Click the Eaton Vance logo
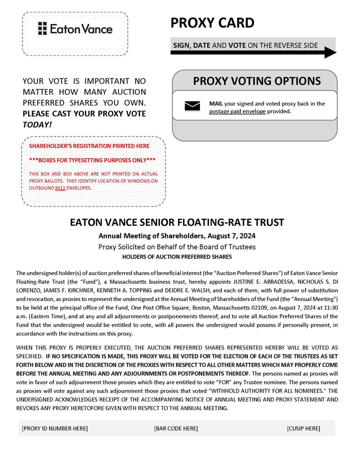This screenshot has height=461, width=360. coord(75,29)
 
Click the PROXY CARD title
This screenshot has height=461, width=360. coord(212,22)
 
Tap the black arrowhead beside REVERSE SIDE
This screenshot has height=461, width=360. coord(330,52)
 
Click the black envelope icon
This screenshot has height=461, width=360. coord(192,105)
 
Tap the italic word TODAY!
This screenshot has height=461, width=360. coord(36,123)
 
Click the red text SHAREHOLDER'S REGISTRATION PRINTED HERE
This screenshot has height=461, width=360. coord(89,145)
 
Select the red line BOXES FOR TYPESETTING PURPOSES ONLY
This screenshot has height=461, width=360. coord(92,160)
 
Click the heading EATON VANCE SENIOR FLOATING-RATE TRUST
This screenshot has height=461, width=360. coord(177,222)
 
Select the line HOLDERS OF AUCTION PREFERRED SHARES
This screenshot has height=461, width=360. coord(177,256)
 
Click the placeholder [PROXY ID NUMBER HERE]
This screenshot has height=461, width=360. coord(55,428)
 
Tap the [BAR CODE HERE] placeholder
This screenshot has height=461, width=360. coord(176,428)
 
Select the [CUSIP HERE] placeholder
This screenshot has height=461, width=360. coord(303,428)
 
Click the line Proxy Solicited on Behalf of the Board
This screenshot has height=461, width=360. coord(177,246)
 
